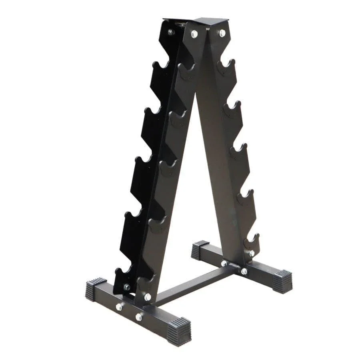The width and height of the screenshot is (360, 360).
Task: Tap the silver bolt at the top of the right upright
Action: pos(222,33)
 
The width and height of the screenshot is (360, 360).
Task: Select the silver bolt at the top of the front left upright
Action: pos(194,34)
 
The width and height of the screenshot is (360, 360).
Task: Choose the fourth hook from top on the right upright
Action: pos(245,196)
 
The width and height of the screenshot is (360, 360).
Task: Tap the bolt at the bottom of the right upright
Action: pos(252,253)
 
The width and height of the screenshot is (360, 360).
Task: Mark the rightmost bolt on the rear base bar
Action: pos(244,271)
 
